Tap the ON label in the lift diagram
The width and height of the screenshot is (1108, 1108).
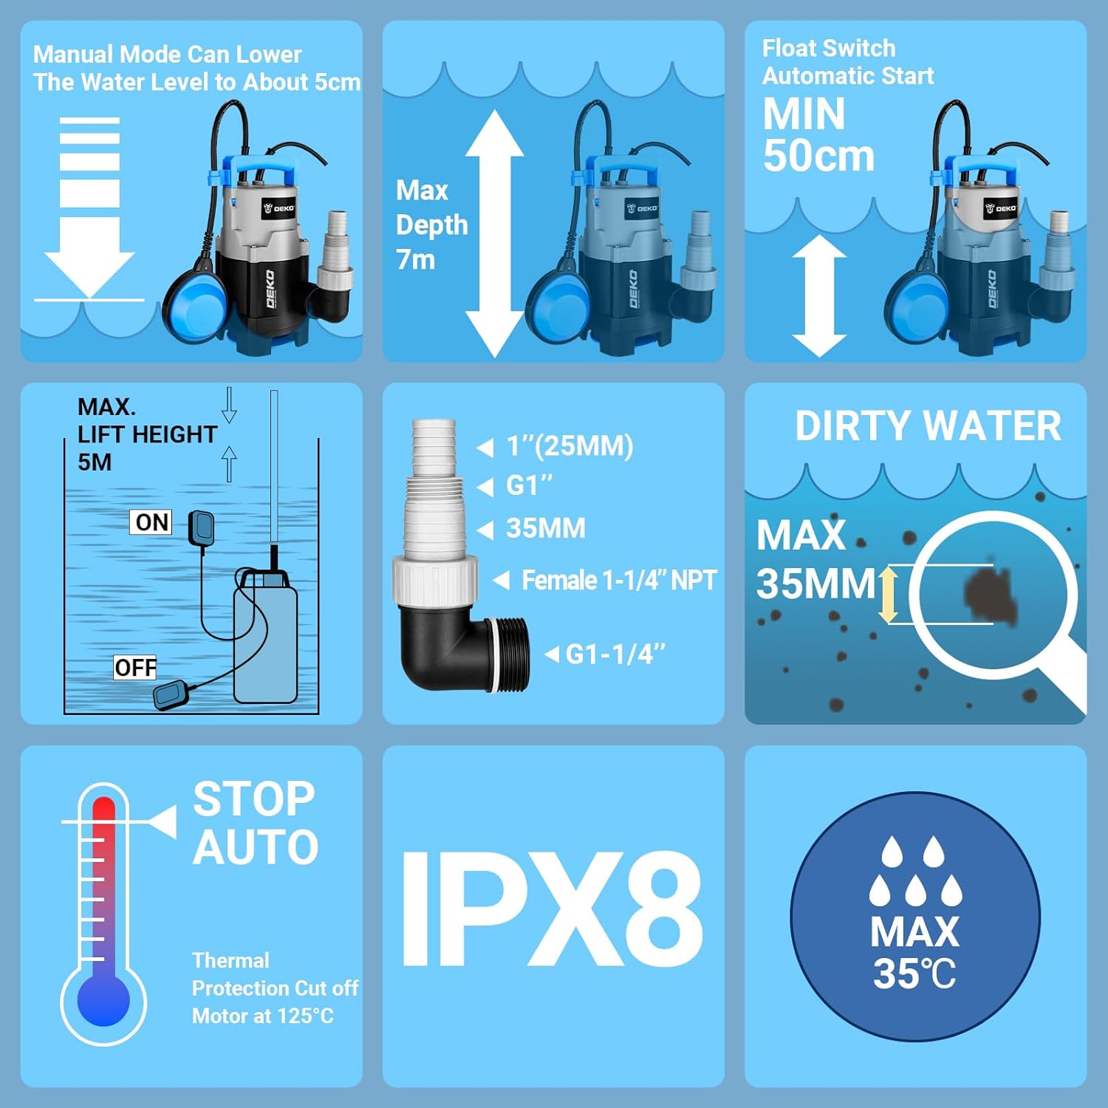pyautogui.click(x=152, y=522)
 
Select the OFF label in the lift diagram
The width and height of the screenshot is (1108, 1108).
pyautogui.click(x=135, y=668)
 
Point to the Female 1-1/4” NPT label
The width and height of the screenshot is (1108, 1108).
pyautogui.click(x=618, y=581)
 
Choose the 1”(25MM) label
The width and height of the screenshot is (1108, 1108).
pyautogui.click(x=569, y=446)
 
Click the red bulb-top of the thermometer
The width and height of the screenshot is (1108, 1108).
pyautogui.click(x=103, y=813)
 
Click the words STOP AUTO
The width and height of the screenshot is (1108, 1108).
pyautogui.click(x=255, y=823)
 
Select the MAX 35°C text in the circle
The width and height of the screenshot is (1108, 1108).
pyautogui.click(x=914, y=953)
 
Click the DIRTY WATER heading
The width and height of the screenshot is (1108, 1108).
pyautogui.click(x=928, y=426)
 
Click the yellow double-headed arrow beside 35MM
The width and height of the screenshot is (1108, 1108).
pyautogui.click(x=889, y=594)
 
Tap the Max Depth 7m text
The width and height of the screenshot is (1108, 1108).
pyautogui.click(x=431, y=225)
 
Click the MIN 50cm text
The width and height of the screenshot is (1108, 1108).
pyautogui.click(x=818, y=135)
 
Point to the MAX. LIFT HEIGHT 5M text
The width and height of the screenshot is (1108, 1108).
pyautogui.click(x=146, y=434)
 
